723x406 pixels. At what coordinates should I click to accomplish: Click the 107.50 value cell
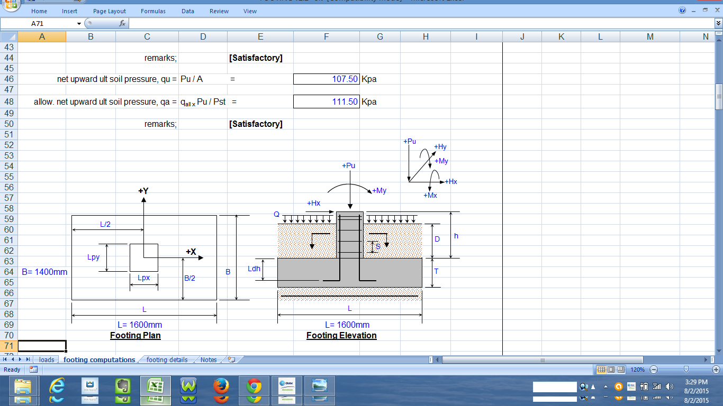pos(326,79)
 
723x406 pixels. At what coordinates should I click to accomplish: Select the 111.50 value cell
pos(326,101)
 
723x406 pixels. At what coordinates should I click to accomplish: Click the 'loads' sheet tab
pos(47,360)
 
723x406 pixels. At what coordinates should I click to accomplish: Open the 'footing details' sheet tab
pos(167,360)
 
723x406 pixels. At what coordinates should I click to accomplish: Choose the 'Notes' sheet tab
pos(209,360)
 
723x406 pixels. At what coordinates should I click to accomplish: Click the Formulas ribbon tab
pos(153,11)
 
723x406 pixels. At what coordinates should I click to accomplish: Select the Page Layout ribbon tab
pos(110,11)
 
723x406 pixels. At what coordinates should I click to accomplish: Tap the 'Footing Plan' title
pos(135,335)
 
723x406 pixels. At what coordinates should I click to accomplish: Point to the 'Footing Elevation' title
pos(341,335)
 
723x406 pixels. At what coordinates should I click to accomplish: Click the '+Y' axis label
pos(143,191)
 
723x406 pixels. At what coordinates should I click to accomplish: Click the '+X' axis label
pos(191,252)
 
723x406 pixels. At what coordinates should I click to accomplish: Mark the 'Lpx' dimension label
pos(143,278)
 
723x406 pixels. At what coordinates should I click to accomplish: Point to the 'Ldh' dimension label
pos(254,269)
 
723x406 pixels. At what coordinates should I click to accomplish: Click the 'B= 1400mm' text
pos(44,272)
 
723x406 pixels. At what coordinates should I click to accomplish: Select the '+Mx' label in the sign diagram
pos(430,196)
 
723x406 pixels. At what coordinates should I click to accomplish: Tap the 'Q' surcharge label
pos(276,215)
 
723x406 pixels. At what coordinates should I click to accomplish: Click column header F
pos(326,36)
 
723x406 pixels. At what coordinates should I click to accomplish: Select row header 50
pos(8,124)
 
